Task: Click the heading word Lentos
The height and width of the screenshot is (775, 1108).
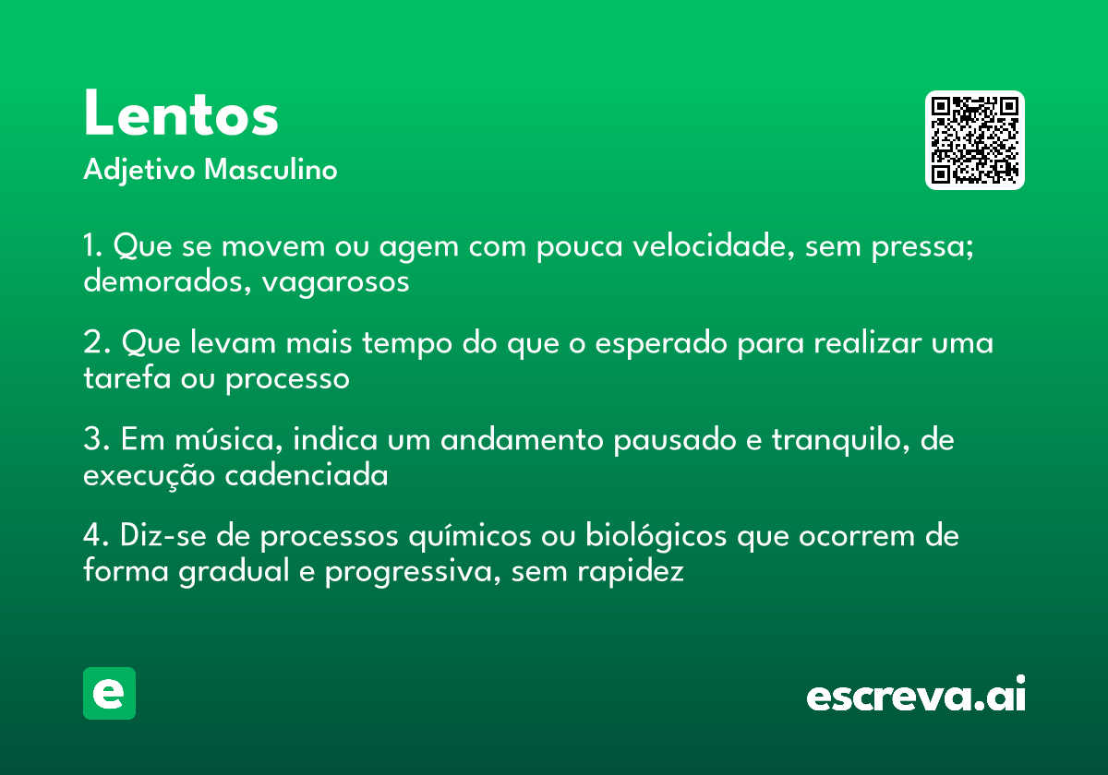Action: point(181,113)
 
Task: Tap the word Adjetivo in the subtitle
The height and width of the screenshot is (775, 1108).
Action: point(139,170)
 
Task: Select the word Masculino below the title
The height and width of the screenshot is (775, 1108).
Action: point(271,169)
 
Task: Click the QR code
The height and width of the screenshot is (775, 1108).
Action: point(974,140)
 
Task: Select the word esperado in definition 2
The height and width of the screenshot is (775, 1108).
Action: point(661,344)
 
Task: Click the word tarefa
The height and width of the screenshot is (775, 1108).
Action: point(127,377)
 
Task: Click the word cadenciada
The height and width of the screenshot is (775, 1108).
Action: point(307,475)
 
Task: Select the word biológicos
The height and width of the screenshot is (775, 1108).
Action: point(656,536)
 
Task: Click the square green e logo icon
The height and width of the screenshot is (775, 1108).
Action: point(109,693)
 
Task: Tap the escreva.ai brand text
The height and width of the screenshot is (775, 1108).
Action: point(916,693)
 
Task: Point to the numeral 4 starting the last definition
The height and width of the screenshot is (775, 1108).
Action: point(92,535)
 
